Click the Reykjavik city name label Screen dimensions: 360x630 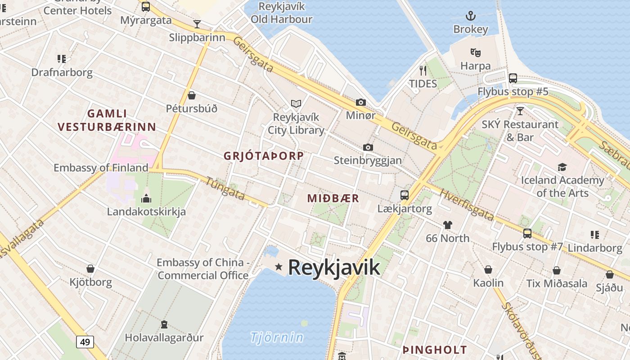pos(334,267)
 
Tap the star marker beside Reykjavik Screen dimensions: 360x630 pos(279,267)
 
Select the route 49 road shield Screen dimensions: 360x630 pos(85,342)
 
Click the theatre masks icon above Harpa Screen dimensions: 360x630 pos(476,53)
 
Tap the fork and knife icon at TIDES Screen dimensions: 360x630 pos(423,70)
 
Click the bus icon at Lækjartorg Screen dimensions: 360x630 pos(405,195)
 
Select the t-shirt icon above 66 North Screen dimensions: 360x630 pos(447,225)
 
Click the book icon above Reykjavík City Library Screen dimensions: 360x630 pos(296,104)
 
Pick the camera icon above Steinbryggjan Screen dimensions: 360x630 pos(368,147)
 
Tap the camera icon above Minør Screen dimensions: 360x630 pos(360,102)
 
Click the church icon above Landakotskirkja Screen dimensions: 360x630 pos(146,198)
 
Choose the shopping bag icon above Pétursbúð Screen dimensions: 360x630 pos(192,95)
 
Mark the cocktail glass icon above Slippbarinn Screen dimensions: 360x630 pos(197,24)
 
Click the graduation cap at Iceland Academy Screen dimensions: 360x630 pos(562,167)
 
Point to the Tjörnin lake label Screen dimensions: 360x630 pos(277,337)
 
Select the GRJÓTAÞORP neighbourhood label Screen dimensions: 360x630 pos(264,156)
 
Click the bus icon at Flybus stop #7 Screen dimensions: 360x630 pos(527,234)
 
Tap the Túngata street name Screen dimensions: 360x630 pos(225,188)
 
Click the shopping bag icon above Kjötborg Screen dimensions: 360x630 pos(90,269)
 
